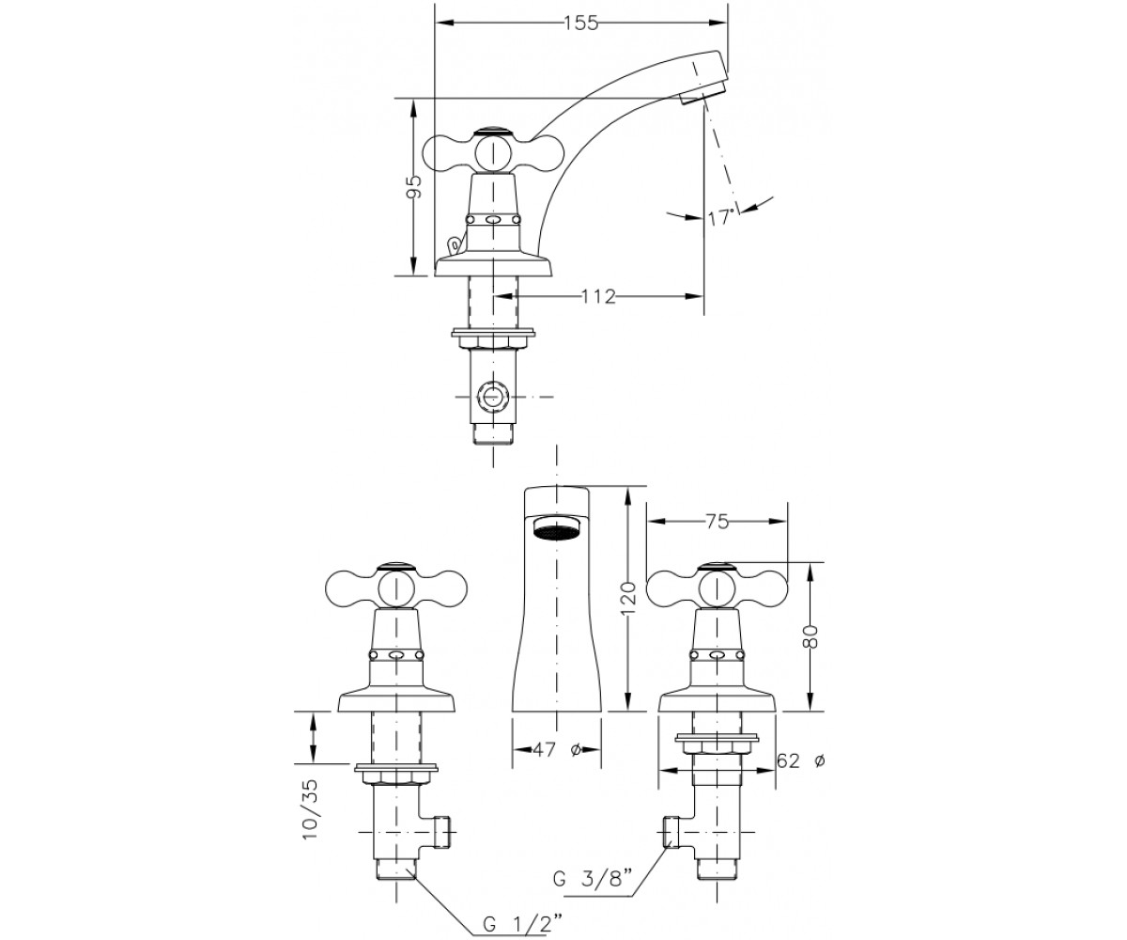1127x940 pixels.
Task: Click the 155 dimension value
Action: coord(581,23)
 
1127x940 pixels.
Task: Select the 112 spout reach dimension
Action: coord(598,297)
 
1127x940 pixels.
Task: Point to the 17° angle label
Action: coord(721,218)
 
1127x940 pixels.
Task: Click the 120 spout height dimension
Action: coord(629,599)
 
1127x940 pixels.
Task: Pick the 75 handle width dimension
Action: coord(718,522)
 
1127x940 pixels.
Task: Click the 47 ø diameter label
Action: coord(557,750)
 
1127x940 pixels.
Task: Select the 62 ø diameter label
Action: coord(800,760)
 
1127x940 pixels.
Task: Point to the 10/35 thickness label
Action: coord(309,817)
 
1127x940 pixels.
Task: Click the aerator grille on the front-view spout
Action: coord(557,526)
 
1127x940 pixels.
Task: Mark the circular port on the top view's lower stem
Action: coord(492,397)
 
